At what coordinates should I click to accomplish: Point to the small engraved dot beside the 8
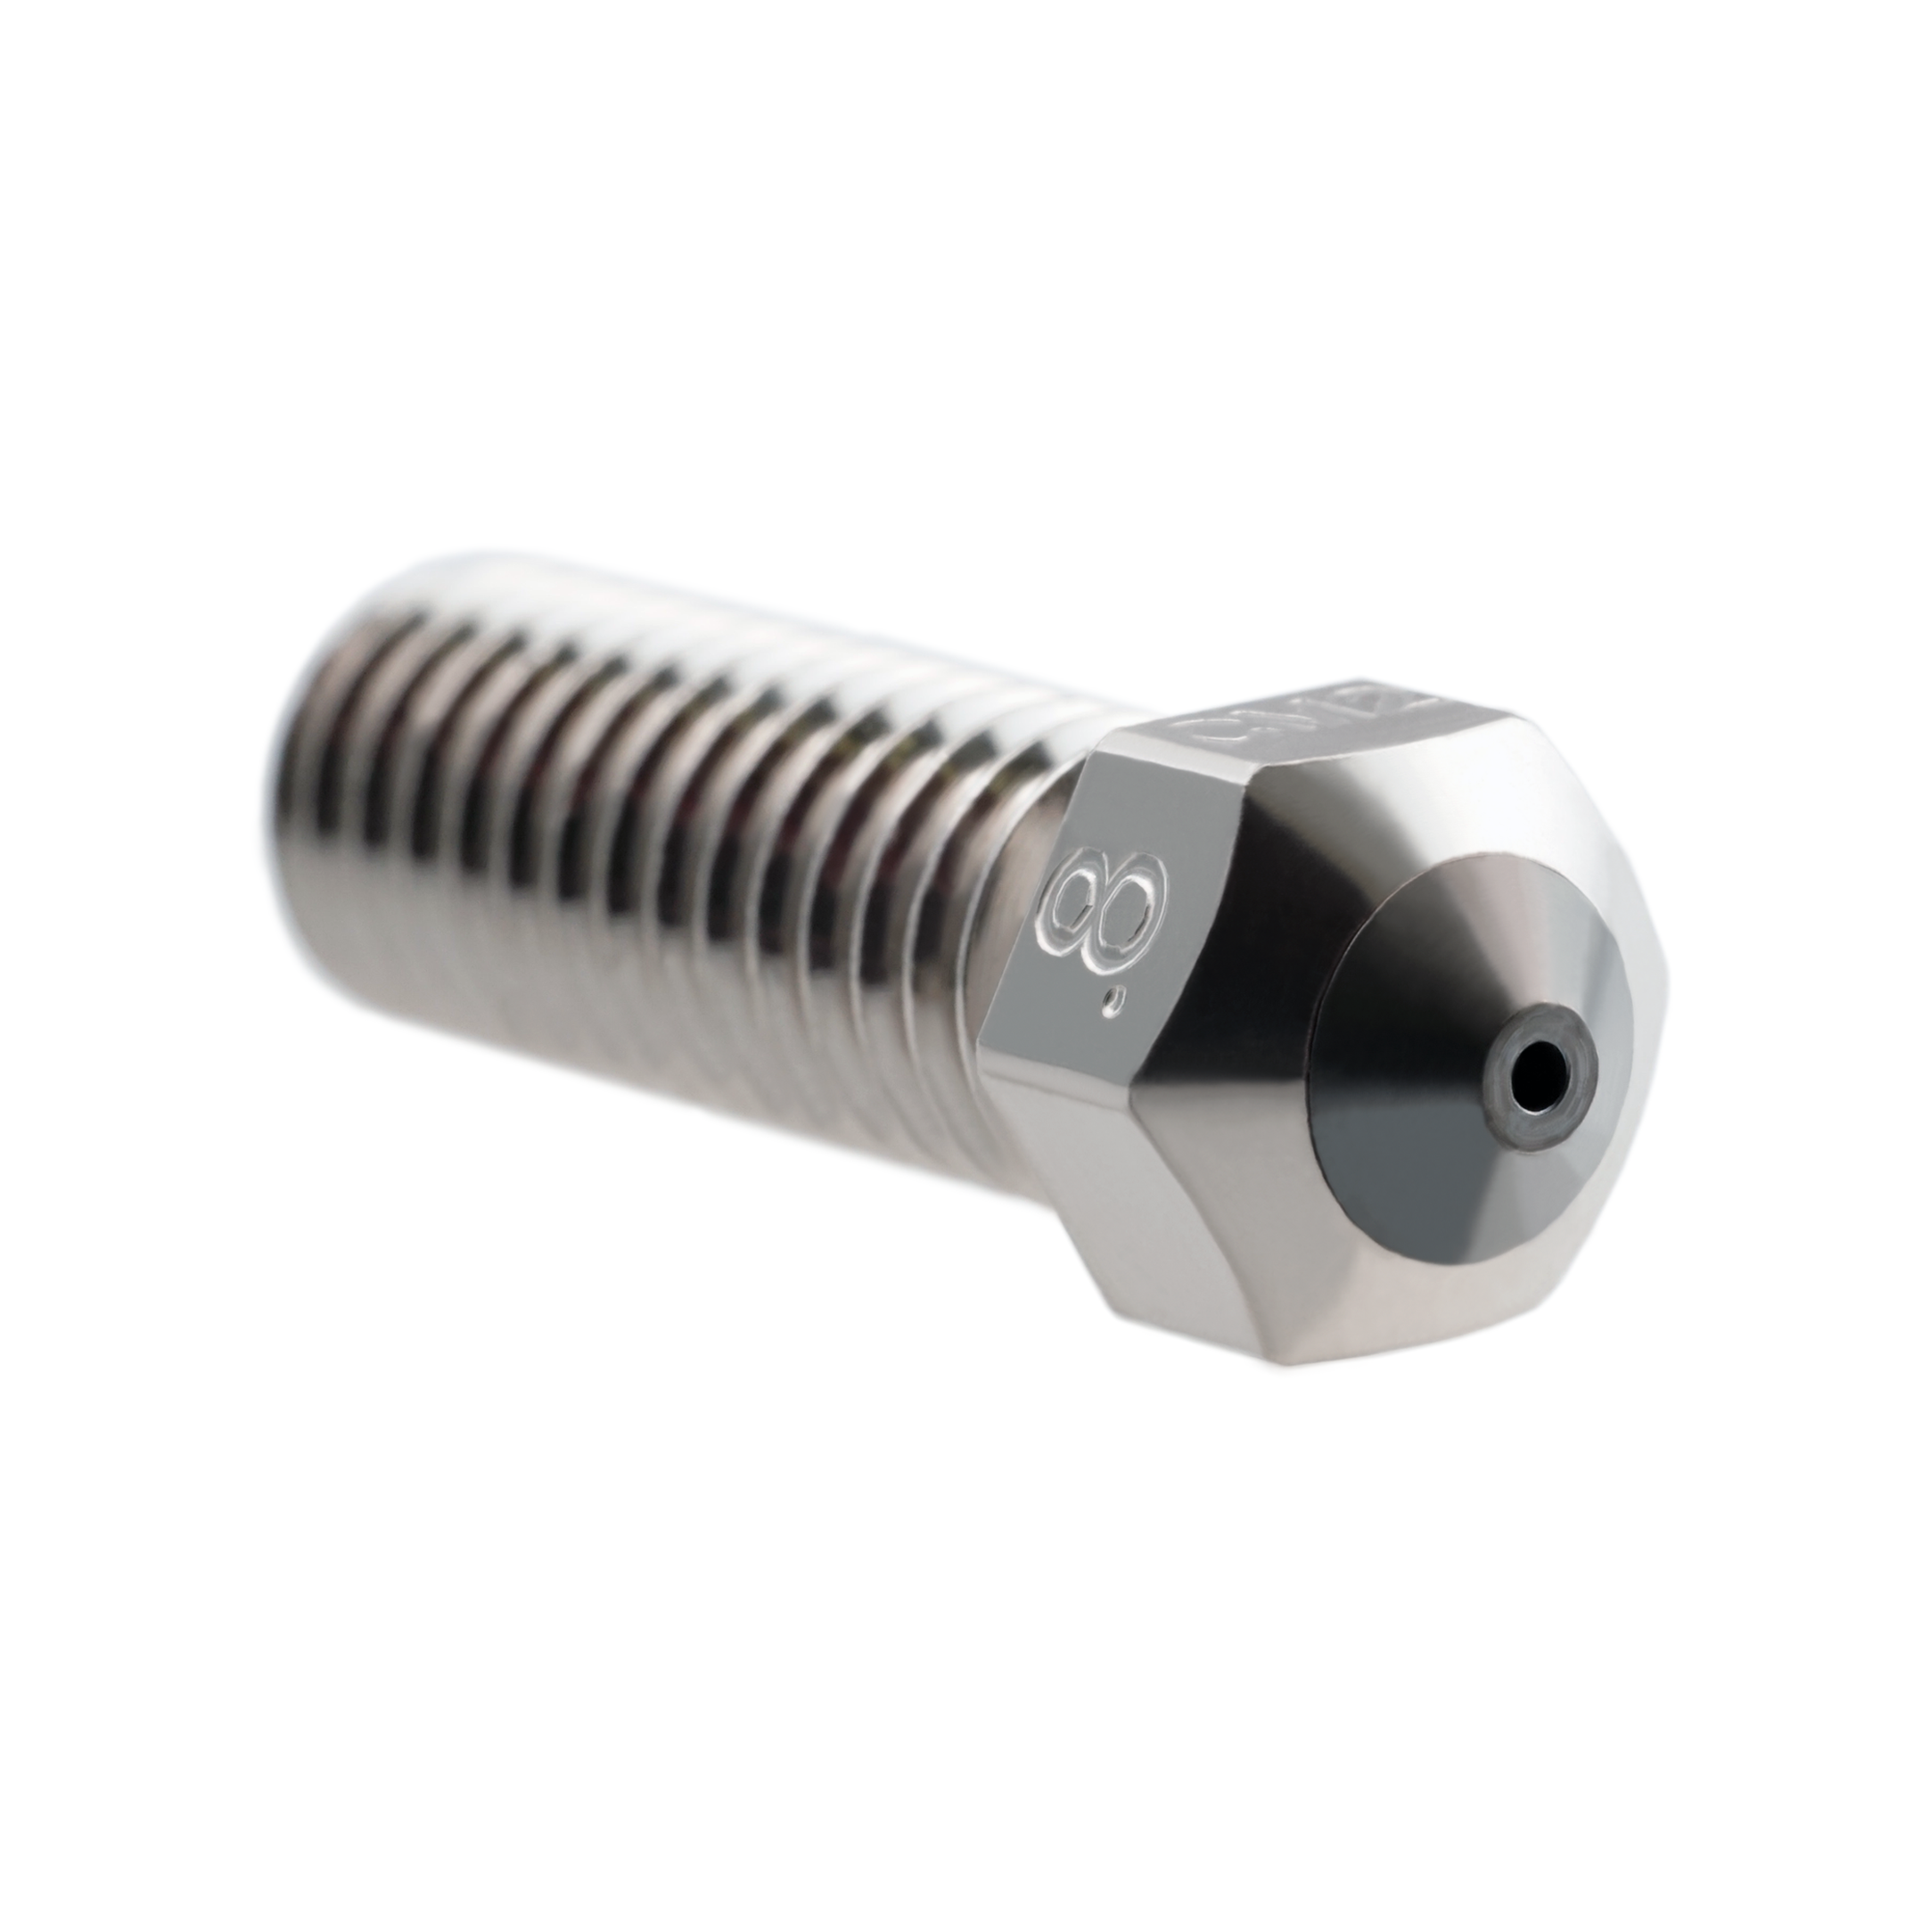point(1121,1002)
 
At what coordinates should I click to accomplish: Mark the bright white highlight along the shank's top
point(696,597)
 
